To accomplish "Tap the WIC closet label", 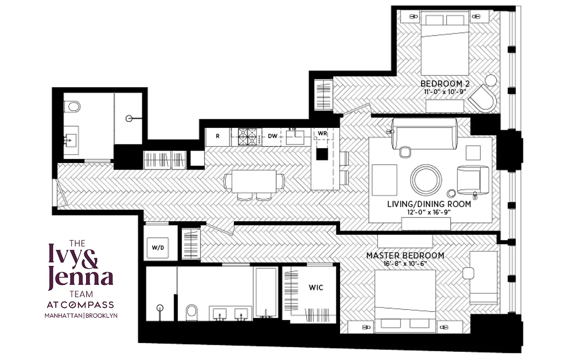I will (315, 287).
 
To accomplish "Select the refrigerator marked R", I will (218, 136).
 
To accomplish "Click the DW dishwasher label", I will (273, 136).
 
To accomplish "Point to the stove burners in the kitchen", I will (246, 136).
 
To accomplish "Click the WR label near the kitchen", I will (322, 134).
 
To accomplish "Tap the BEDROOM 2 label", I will (442, 84).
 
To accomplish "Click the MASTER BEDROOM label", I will (405, 256).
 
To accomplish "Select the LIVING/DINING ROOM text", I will (429, 204).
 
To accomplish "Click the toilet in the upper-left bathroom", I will (72, 107).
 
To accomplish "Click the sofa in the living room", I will (424, 134).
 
